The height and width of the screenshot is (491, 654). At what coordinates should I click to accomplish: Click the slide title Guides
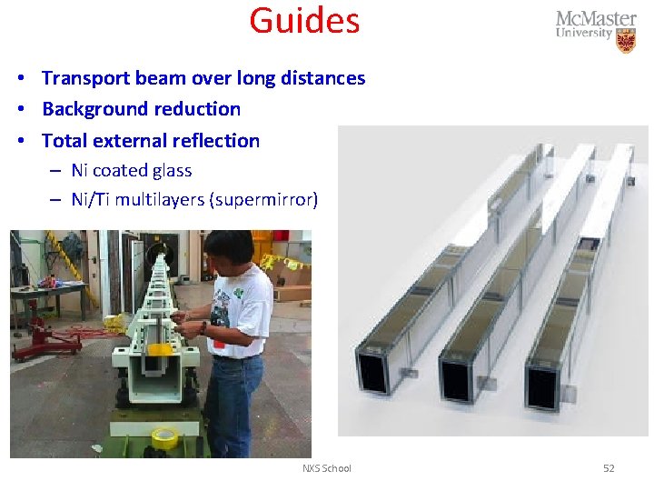(x=304, y=20)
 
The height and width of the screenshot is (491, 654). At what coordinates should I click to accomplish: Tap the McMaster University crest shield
(x=626, y=40)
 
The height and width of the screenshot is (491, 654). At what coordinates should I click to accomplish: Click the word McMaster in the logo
(x=596, y=19)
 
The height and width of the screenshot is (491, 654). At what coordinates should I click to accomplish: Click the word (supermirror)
(x=263, y=199)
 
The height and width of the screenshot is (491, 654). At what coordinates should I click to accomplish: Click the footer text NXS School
(x=326, y=468)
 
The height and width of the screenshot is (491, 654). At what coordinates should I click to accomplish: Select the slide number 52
(x=609, y=468)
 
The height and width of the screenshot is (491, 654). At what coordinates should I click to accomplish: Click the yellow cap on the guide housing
(x=159, y=348)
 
